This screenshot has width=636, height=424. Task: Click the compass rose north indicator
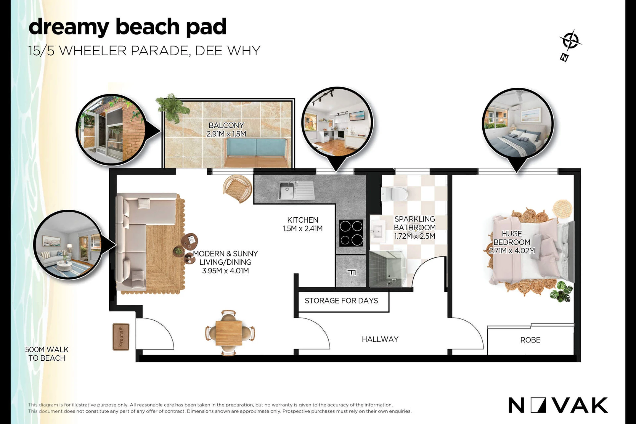[x=570, y=45]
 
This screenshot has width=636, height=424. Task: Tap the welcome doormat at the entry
[x=121, y=337]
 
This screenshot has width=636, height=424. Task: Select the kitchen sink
[x=296, y=190]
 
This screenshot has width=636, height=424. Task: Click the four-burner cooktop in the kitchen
[x=351, y=233]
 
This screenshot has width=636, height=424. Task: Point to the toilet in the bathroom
[x=395, y=194]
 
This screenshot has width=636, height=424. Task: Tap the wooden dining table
[x=229, y=333]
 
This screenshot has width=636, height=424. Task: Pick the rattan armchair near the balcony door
[x=238, y=188]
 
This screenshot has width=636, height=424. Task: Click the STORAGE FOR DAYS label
[x=341, y=301]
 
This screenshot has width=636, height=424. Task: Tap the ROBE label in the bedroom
[x=530, y=340]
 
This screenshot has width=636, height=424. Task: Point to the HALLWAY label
[x=380, y=339]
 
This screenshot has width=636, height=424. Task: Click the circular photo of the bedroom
[x=518, y=124]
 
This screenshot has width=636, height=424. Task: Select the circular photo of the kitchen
[x=337, y=122]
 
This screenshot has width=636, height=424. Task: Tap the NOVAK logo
[x=558, y=405]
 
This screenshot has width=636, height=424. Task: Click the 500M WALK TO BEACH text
[x=47, y=354]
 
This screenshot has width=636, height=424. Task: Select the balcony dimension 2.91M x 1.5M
[x=226, y=134]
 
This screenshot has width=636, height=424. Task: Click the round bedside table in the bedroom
[x=562, y=208]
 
